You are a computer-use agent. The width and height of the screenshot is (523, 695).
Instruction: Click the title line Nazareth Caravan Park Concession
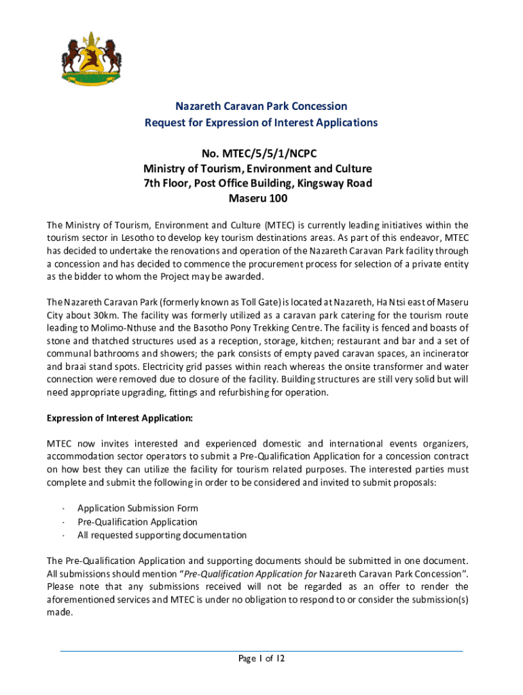coord(261,106)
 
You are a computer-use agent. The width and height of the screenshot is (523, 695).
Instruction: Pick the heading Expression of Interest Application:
coord(120,417)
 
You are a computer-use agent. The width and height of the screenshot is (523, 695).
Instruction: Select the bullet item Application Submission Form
coord(138,508)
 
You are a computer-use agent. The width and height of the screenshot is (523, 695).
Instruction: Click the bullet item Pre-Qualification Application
coord(137,522)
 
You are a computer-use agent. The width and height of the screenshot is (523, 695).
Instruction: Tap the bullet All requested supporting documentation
coord(162,536)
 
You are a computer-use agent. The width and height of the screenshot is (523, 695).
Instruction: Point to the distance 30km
coord(108,315)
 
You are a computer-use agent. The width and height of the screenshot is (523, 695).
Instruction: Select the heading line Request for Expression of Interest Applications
coord(261,123)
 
